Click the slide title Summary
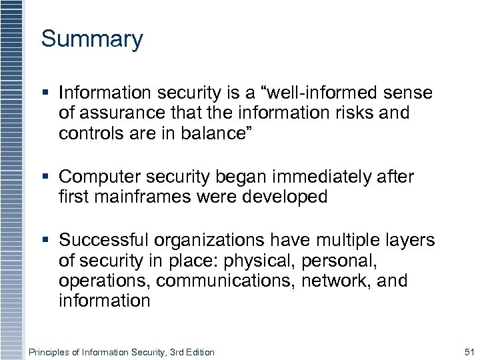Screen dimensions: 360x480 (92, 39)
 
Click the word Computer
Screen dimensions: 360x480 (101, 177)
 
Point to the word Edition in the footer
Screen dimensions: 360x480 (197, 352)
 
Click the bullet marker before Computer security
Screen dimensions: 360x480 (45, 177)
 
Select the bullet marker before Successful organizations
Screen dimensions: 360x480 (45, 241)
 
